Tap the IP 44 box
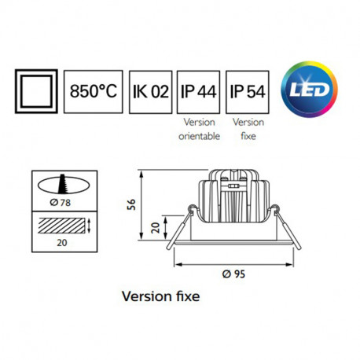point(199,90)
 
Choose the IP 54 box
point(247,90)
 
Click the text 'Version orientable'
point(199,128)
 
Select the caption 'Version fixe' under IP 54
point(247,128)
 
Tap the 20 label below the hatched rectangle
point(60,243)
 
